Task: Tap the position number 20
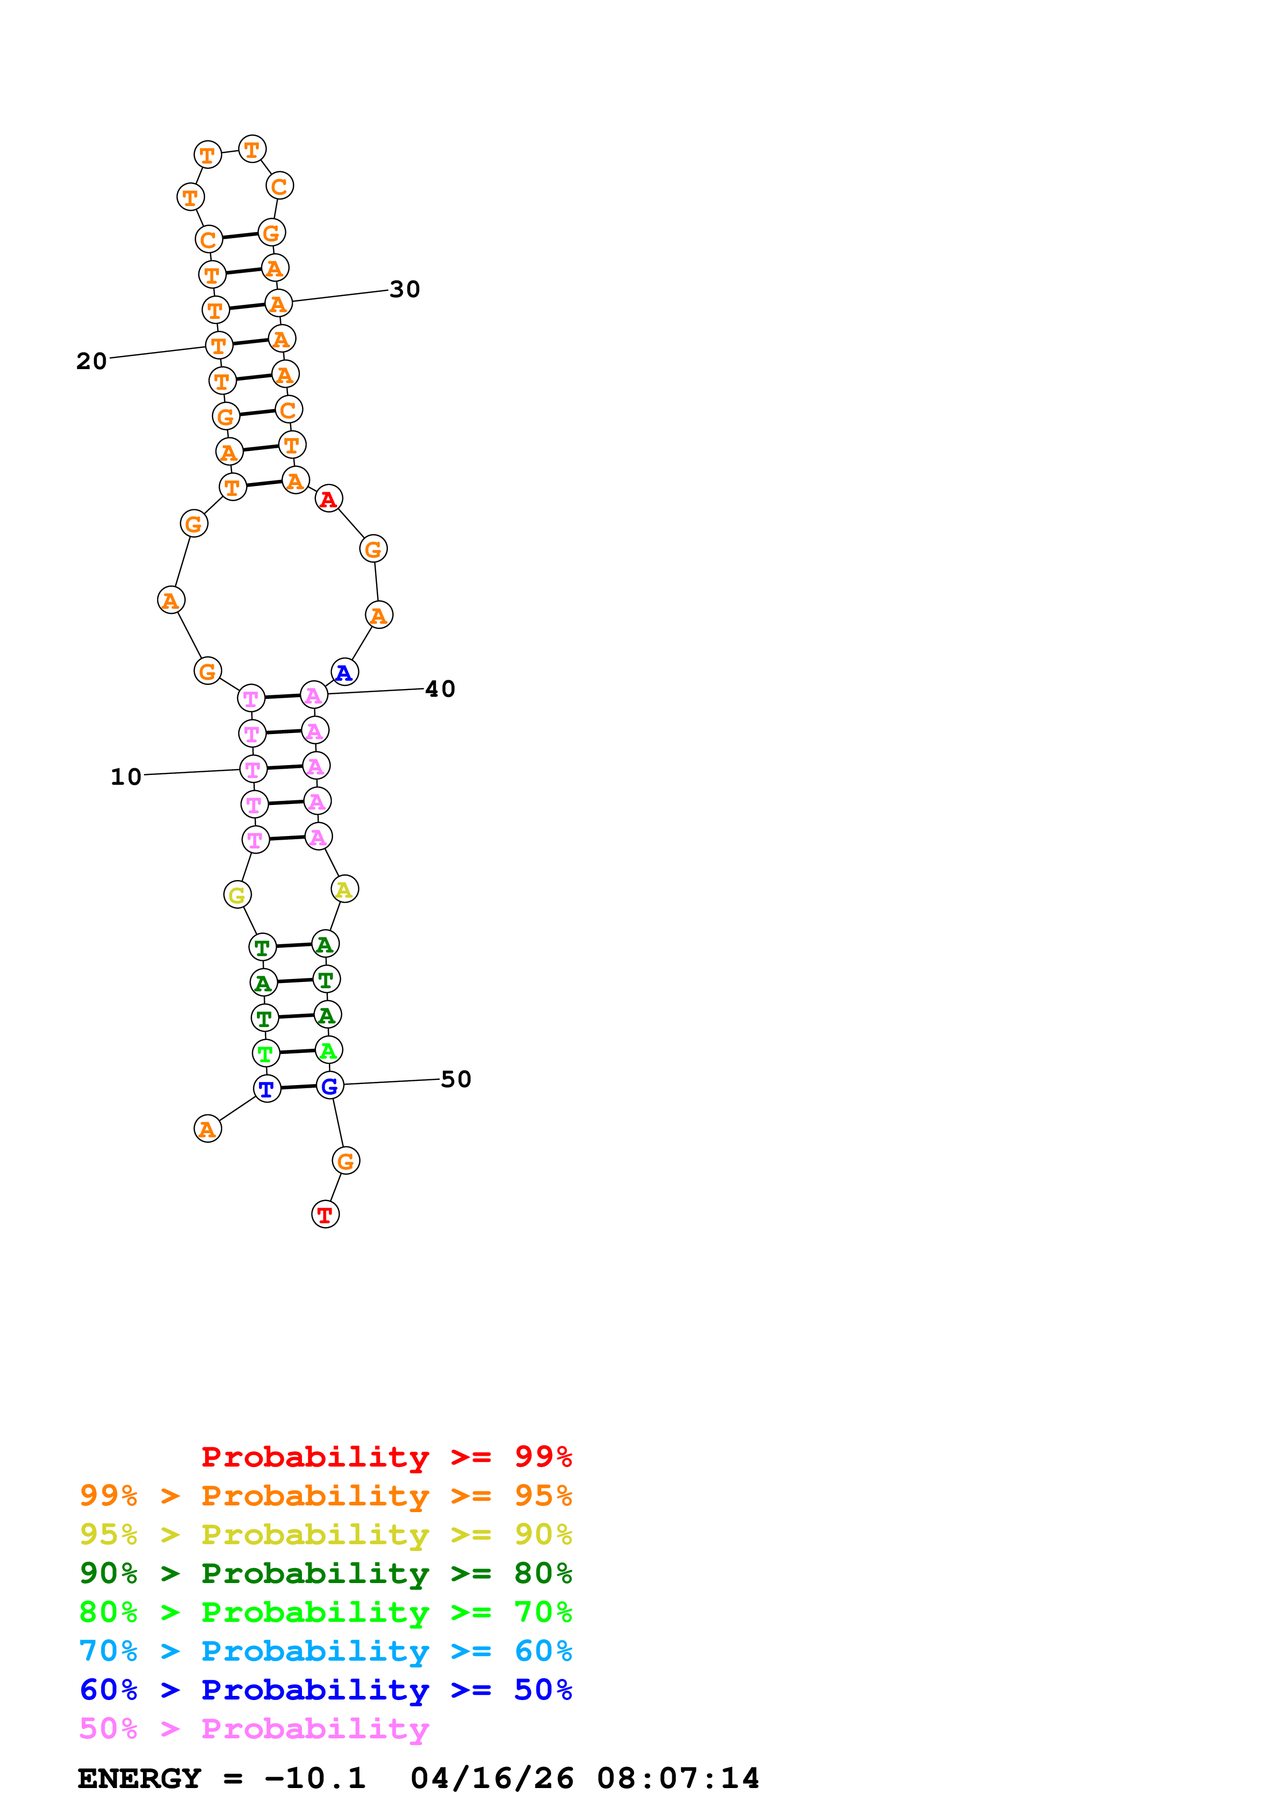(92, 361)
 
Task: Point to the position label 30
(405, 289)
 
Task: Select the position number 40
(441, 689)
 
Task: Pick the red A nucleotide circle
(328, 499)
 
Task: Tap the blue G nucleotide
(330, 1086)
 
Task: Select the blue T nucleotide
(267, 1089)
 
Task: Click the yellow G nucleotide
(237, 896)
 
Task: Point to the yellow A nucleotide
(344, 890)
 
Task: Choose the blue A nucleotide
(344, 672)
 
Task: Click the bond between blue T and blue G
(298, 1088)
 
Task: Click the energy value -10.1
(315, 1778)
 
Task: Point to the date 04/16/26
(492, 1778)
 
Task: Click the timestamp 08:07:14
(678, 1778)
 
